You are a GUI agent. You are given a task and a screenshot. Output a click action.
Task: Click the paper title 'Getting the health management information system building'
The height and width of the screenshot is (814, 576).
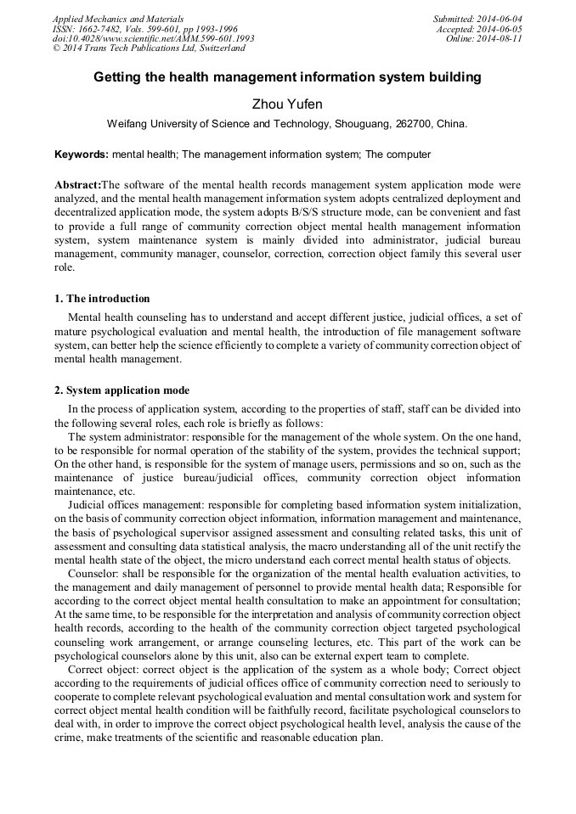tap(287, 77)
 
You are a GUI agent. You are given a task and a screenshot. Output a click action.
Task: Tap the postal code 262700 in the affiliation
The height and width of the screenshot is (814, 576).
tap(414, 124)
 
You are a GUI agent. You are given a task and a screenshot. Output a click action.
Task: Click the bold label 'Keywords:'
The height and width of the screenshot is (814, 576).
tap(82, 155)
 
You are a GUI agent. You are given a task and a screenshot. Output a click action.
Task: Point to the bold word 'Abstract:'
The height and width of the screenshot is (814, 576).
tap(77, 184)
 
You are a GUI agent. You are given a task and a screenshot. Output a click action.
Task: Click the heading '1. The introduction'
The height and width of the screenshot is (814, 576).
tap(102, 299)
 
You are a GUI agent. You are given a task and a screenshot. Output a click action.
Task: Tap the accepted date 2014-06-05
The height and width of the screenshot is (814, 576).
tap(503, 29)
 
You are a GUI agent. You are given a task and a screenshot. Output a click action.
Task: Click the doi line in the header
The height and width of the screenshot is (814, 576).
tap(153, 39)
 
